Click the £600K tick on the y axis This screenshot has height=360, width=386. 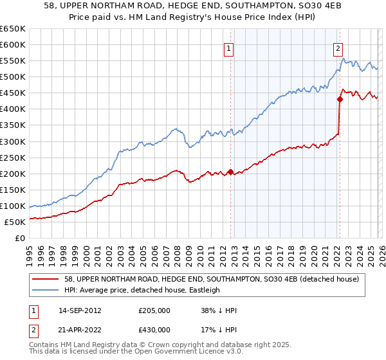[x=13, y=44]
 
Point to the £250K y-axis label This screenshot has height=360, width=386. [x=13, y=157]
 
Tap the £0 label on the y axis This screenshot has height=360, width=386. [x=19, y=238]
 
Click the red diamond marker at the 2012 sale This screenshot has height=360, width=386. [x=230, y=172]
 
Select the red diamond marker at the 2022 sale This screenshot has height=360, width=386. [x=339, y=99]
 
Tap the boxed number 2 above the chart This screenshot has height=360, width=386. [x=338, y=48]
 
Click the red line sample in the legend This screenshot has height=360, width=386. [x=46, y=278]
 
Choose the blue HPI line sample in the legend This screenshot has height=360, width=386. [x=46, y=290]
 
